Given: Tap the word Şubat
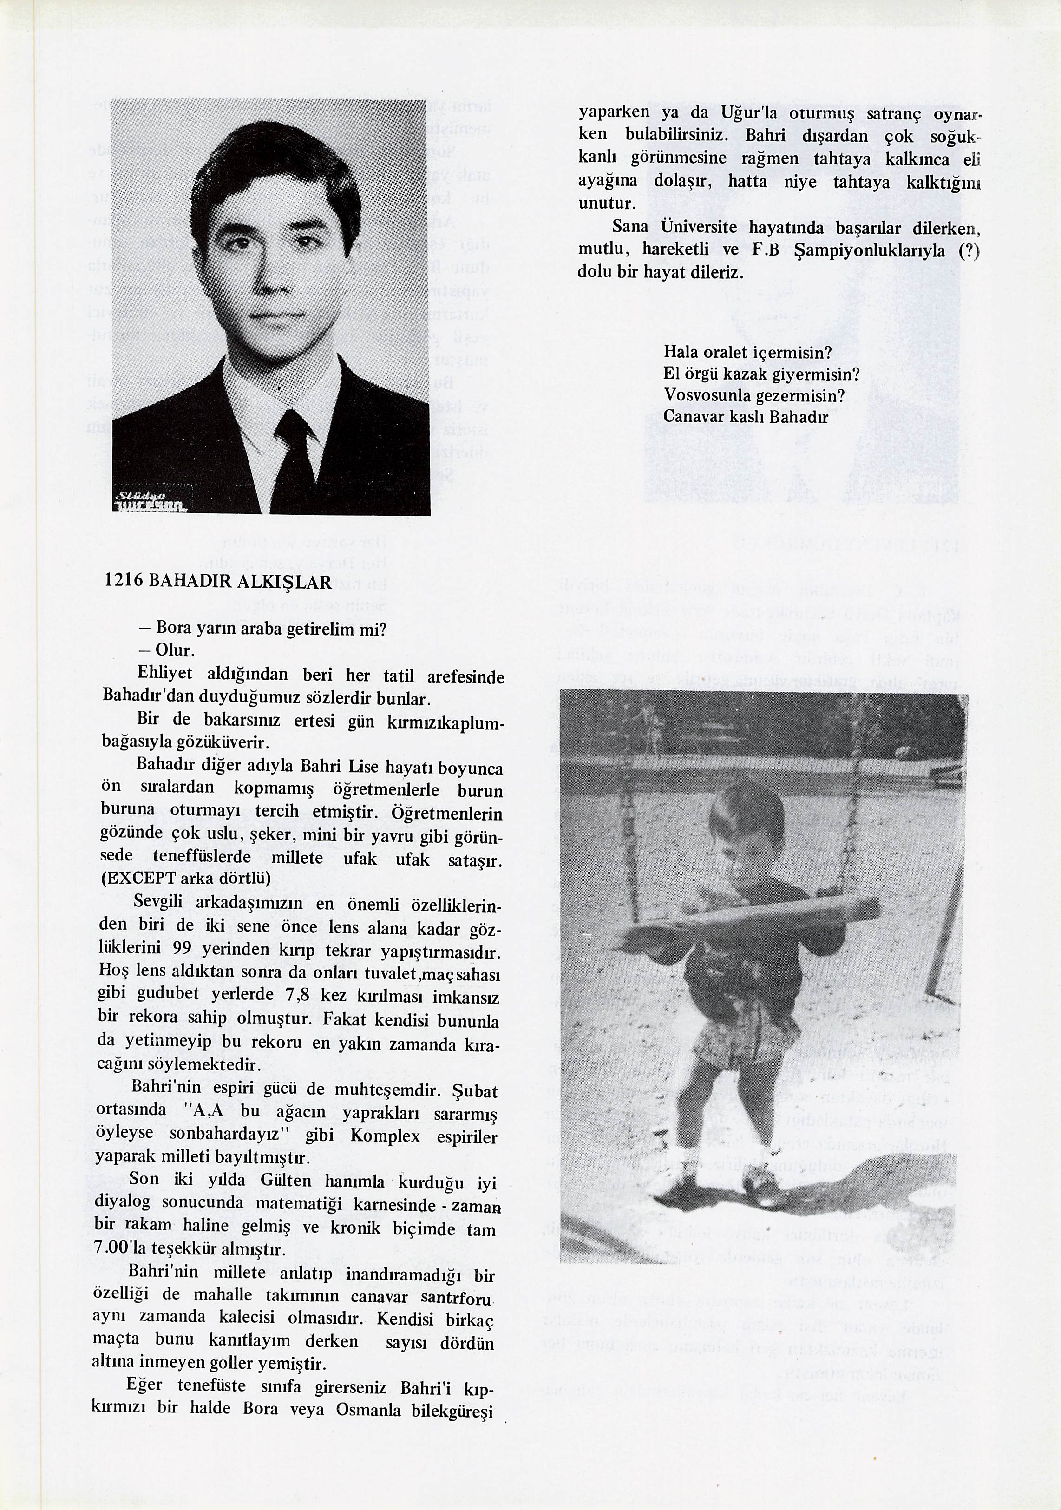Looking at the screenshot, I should (475, 1091).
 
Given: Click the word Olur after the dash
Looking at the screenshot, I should (174, 651).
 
